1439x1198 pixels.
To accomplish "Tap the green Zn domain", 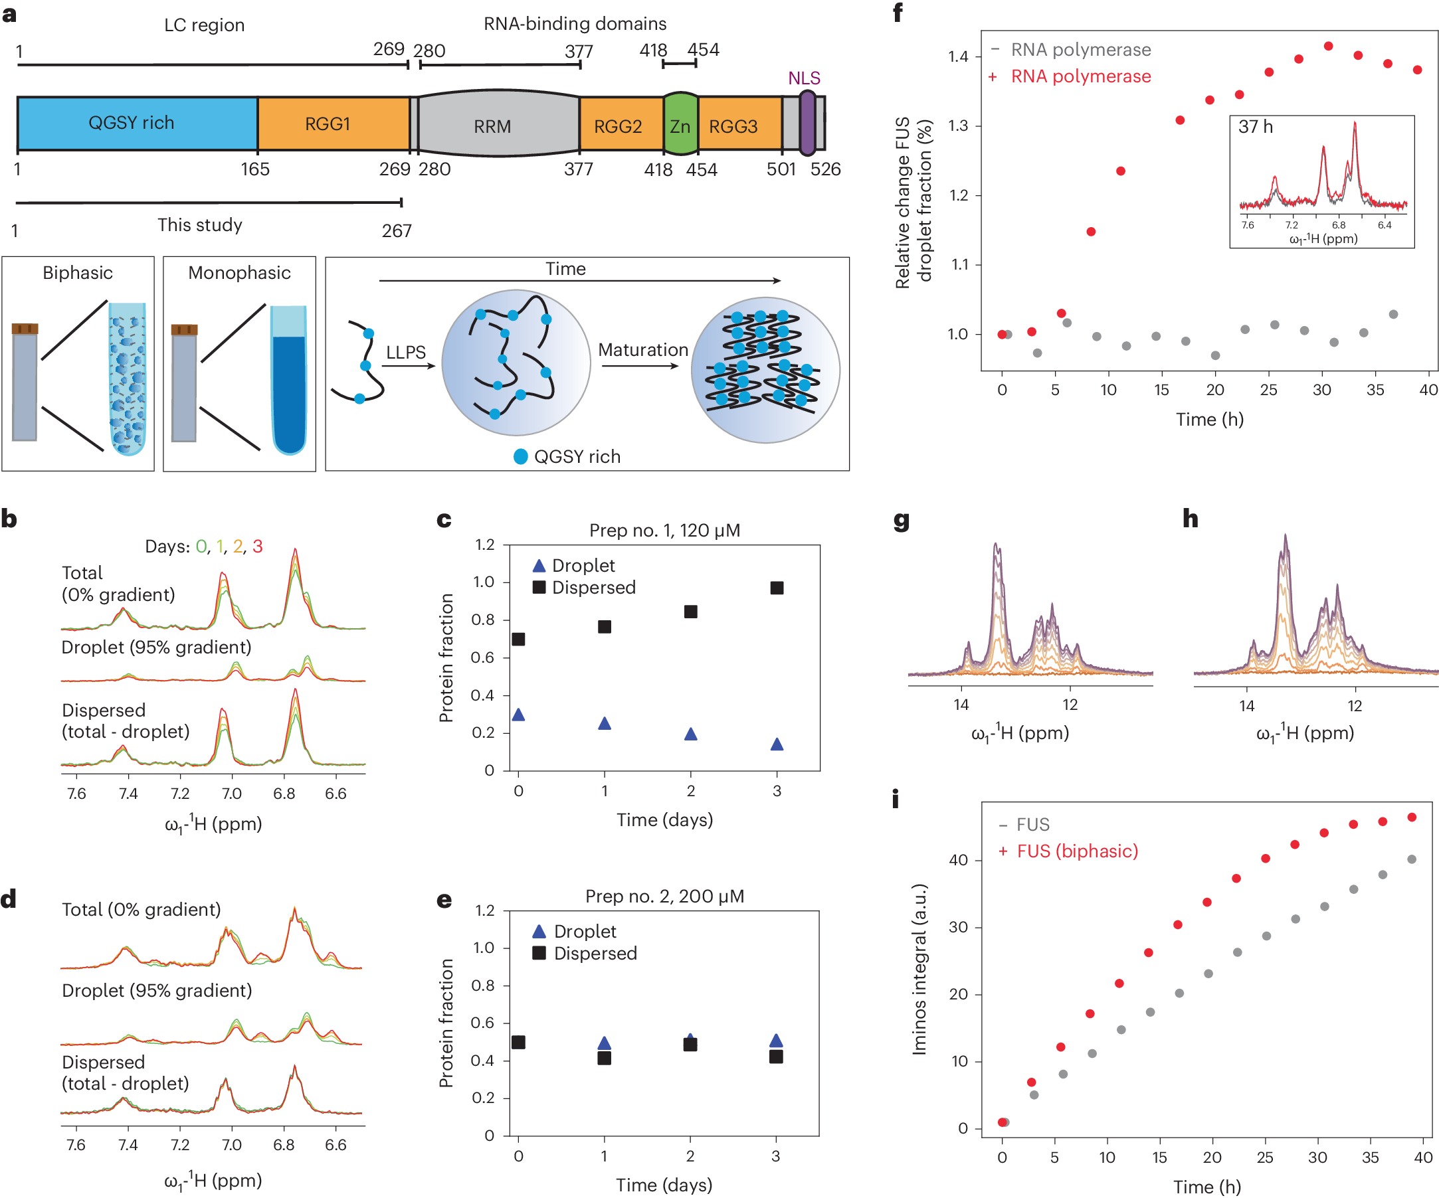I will [680, 126].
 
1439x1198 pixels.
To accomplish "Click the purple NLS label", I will [804, 78].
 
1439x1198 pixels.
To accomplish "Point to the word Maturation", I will [642, 350].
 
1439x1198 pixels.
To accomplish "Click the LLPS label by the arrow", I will [406, 352].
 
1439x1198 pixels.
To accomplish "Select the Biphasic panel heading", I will [78, 273].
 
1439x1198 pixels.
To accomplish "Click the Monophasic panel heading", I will [239, 273].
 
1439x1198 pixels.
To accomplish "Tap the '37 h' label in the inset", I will [1256, 127].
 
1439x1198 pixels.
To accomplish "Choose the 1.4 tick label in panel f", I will [958, 56].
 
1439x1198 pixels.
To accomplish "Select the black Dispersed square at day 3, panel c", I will [777, 588].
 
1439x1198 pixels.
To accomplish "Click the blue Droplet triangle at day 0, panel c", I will [519, 715].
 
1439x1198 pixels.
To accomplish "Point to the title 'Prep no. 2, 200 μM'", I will [664, 896].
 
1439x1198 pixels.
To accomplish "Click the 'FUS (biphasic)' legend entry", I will [1076, 851].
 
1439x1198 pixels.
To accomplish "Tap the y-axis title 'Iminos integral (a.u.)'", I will [919, 968].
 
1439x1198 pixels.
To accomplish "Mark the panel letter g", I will [901, 521].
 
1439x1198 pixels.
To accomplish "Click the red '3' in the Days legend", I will [257, 546].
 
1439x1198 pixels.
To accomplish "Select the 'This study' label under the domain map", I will [199, 224].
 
